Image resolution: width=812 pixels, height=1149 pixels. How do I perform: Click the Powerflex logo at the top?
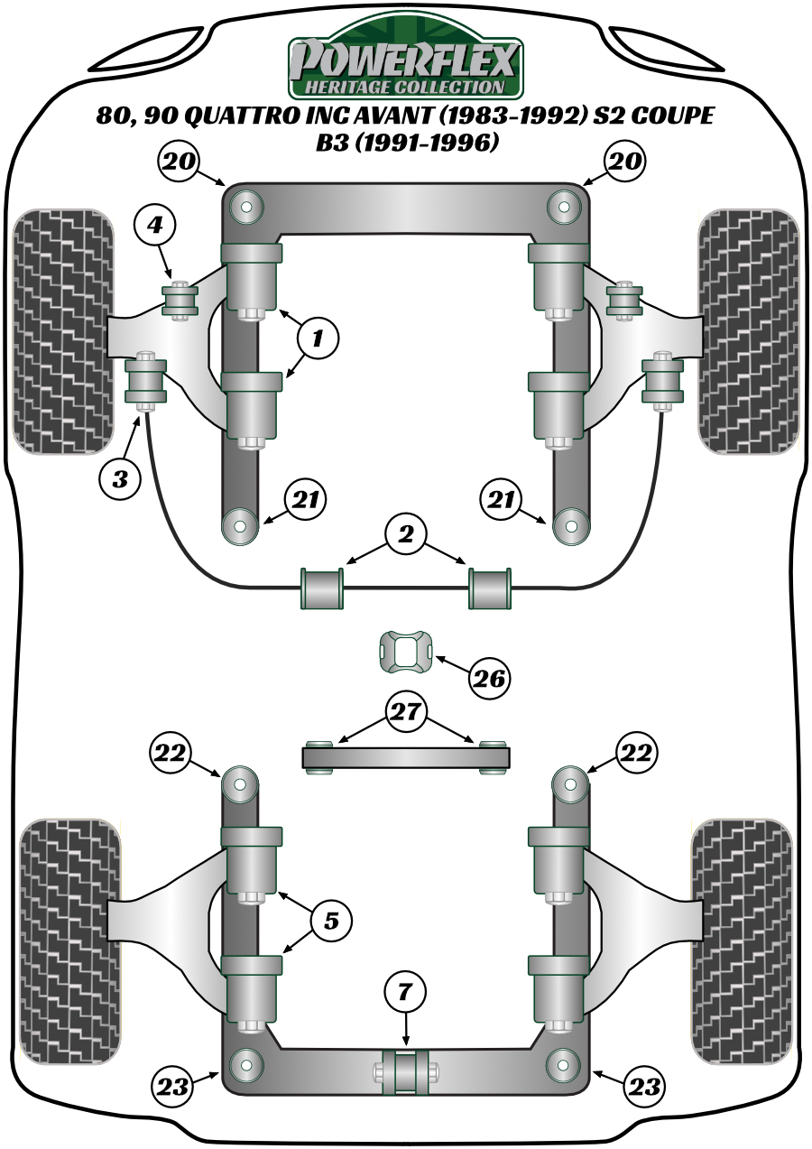405,60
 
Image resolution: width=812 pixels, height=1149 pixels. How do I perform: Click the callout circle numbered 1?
317,339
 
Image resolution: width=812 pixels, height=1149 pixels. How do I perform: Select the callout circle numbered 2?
405,535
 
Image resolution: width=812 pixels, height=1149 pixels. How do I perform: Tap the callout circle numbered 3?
120,479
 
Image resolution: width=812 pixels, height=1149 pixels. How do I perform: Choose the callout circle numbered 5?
330,921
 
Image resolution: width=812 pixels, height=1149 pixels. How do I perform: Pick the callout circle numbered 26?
489,677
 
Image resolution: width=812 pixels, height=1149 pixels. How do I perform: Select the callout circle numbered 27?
405,712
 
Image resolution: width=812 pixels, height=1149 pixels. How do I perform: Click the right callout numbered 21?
502,499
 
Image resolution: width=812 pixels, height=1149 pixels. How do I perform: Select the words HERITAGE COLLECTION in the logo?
405,87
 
